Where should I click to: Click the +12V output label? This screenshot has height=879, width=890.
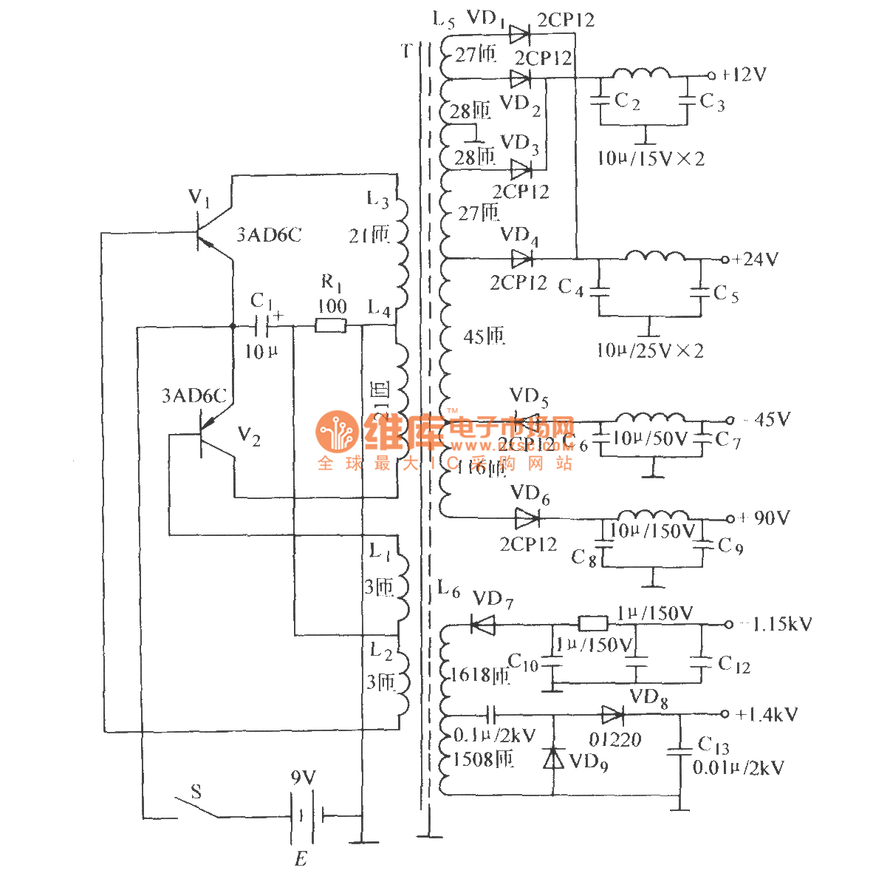coord(744,75)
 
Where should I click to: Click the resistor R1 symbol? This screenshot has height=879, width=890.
coord(330,325)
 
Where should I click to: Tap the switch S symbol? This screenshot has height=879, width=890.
coord(197,808)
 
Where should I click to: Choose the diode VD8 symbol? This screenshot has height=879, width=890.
coord(612,715)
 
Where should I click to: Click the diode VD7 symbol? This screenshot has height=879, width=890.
coord(482,625)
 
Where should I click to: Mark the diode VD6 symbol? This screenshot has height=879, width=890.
coord(526,517)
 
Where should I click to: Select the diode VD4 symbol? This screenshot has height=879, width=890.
coord(521,259)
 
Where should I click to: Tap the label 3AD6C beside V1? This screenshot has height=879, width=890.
coord(269,235)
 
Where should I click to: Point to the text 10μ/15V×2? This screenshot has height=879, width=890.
coord(651,158)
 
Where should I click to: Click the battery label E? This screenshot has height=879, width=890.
coord(301,859)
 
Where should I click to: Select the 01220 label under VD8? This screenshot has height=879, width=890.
coord(615,739)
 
